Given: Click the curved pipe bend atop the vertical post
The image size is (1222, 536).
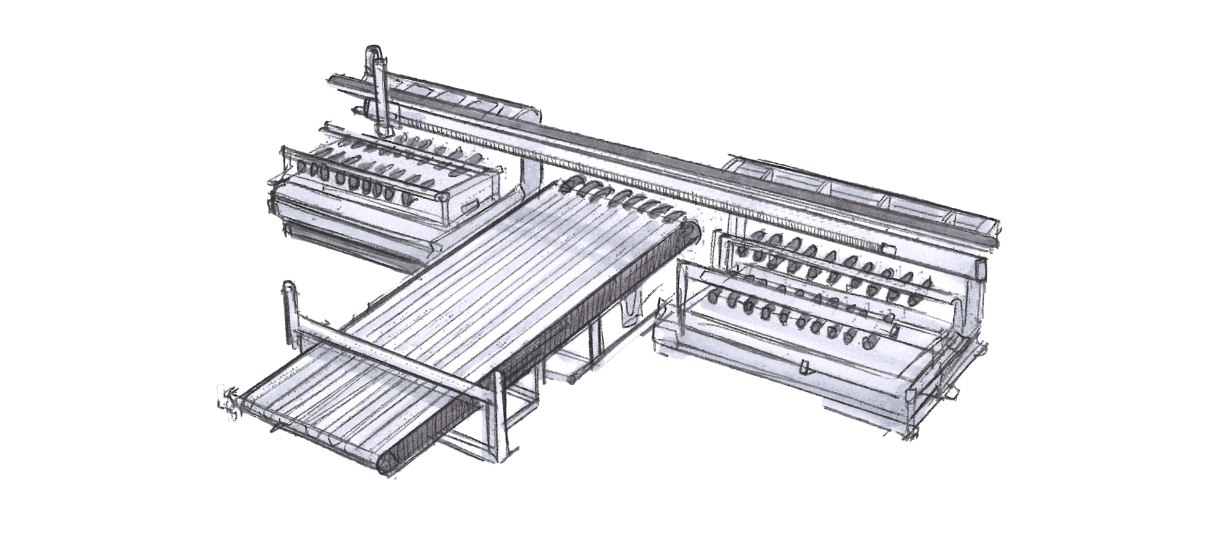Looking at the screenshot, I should tap(375, 54).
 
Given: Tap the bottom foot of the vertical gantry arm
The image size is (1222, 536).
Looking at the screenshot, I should tap(384, 130).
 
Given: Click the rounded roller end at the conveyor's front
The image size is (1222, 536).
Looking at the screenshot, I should tap(387, 464).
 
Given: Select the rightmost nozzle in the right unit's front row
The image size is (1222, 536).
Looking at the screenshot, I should tap(873, 341).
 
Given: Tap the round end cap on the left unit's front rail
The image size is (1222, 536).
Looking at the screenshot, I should tap(441, 196).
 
